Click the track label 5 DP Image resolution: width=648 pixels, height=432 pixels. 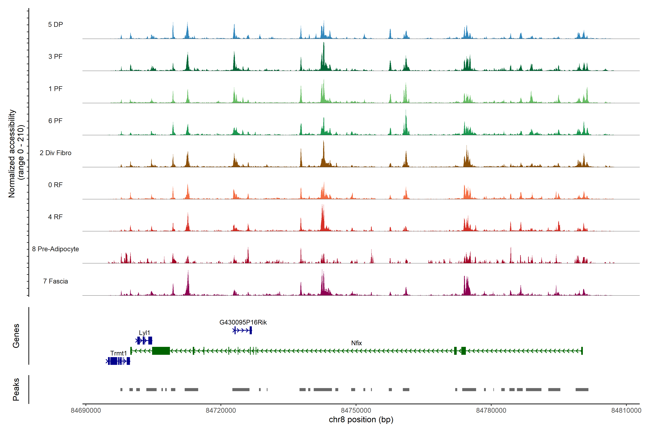click(55, 24)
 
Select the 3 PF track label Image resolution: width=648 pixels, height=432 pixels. click(55, 57)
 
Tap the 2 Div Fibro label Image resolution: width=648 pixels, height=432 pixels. click(55, 153)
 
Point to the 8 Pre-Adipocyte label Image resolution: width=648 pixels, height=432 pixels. click(55, 249)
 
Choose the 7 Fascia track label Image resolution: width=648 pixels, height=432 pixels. click(55, 281)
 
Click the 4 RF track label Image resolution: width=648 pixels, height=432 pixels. click(55, 217)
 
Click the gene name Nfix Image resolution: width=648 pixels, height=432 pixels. click(356, 343)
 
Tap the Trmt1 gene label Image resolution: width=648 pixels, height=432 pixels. click(118, 353)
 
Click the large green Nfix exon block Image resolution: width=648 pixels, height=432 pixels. click(161, 351)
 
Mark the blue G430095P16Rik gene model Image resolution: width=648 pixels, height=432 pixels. click(242, 330)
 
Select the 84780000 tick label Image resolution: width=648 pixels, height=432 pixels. click(491, 411)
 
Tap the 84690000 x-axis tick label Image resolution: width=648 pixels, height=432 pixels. click(86, 411)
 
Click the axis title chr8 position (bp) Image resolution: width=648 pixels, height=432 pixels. click(361, 420)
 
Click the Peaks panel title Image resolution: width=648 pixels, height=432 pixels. click(16, 389)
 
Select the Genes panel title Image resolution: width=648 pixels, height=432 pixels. click(16, 336)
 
